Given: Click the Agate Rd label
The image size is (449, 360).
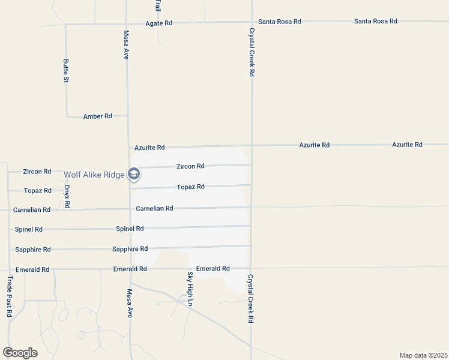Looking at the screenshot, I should pyautogui.click(x=159, y=23).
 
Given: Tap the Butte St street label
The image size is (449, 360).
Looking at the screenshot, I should pyautogui.click(x=66, y=71).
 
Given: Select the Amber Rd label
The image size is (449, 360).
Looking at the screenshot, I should pyautogui.click(x=97, y=116).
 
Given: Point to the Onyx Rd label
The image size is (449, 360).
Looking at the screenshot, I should pyautogui.click(x=67, y=196).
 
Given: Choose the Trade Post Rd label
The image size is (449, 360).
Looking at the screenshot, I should pyautogui.click(x=10, y=296).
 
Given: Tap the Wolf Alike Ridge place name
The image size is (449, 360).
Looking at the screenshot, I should pyautogui.click(x=94, y=175).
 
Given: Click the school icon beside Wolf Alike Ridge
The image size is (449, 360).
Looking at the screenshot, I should pyautogui.click(x=134, y=175).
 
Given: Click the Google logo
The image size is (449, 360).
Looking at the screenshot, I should pyautogui.click(x=20, y=352).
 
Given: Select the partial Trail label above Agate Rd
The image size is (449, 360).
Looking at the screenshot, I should pyautogui.click(x=157, y=7).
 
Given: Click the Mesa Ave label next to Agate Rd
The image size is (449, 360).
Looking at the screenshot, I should pyautogui.click(x=126, y=44).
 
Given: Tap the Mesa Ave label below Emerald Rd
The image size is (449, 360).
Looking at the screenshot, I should pyautogui.click(x=129, y=303).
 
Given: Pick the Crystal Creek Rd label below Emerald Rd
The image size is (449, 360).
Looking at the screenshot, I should pyautogui.click(x=251, y=299).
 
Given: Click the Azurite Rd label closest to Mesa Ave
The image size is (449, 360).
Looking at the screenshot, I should pyautogui.click(x=149, y=147).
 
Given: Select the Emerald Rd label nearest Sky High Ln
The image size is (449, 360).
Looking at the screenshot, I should pyautogui.click(x=213, y=269).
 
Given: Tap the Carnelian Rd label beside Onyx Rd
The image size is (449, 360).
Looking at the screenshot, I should pyautogui.click(x=32, y=210).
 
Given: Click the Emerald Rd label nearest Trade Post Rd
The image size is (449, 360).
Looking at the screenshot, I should pyautogui.click(x=34, y=269).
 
